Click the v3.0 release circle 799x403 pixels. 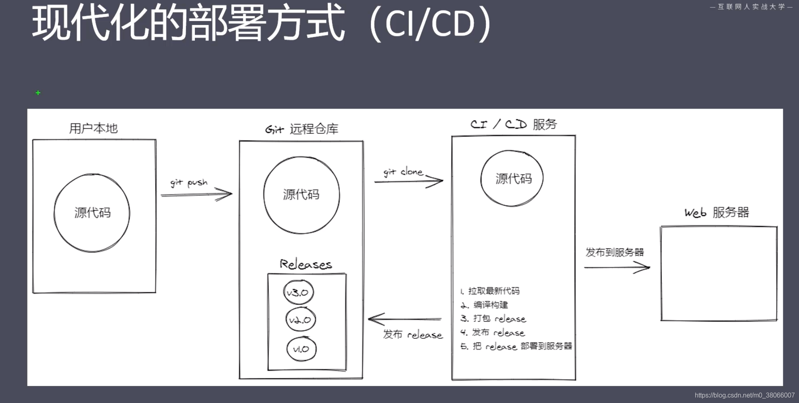298,292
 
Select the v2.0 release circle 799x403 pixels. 300,320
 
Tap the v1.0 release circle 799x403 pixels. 301,349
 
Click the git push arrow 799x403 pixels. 197,194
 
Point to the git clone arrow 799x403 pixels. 408,181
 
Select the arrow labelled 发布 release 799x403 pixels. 405,319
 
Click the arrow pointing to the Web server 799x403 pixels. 617,267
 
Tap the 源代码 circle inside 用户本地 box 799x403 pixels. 92,213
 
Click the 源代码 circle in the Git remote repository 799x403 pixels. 301,195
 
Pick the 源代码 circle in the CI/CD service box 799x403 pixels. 512,178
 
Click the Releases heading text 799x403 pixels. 306,264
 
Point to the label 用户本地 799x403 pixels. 93,128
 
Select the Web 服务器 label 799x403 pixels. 717,212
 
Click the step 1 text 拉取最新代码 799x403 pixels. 494,291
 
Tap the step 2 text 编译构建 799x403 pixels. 490,304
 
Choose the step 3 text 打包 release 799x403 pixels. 499,319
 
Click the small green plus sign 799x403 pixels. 38,93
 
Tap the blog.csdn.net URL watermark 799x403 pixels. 745,395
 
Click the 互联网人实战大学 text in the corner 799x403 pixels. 751,7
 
